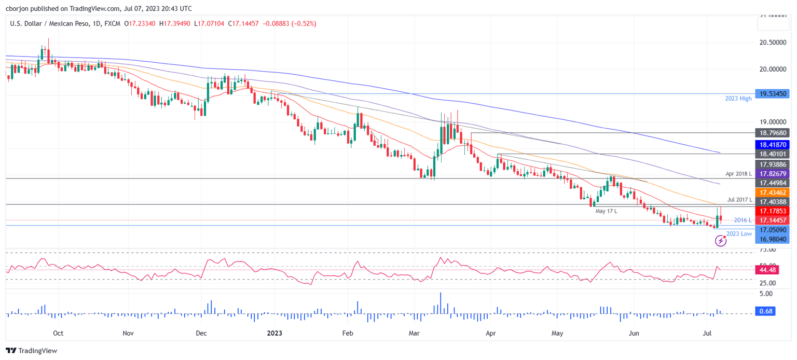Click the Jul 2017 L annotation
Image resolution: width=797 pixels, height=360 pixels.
pos(739,199)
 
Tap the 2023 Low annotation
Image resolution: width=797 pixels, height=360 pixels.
pos(739,234)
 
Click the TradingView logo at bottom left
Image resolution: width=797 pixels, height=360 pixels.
pos(32,351)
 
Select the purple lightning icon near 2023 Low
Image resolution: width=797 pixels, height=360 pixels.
pos(720,240)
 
